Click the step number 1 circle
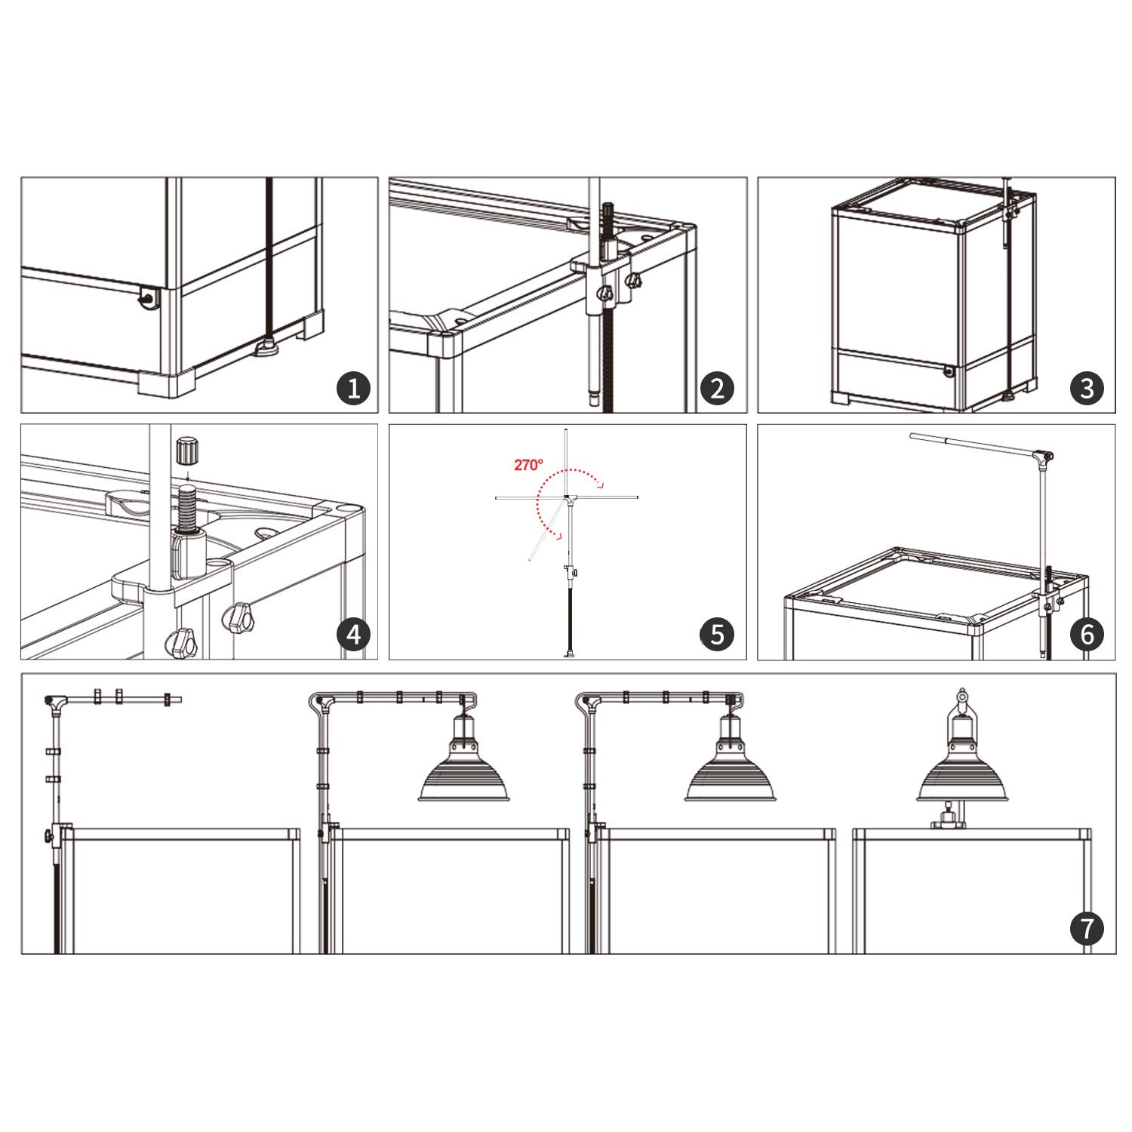coord(354,389)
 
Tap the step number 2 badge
coord(717,389)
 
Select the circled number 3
coord(1087,389)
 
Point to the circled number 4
coord(354,635)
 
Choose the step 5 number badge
coord(717,635)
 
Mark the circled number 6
coord(1087,635)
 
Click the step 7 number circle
coord(1087,928)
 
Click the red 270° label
coord(528,465)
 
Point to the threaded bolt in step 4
coord(188,509)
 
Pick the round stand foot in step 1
coord(266,348)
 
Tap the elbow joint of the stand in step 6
coord(1044,457)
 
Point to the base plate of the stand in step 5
coord(568,654)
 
